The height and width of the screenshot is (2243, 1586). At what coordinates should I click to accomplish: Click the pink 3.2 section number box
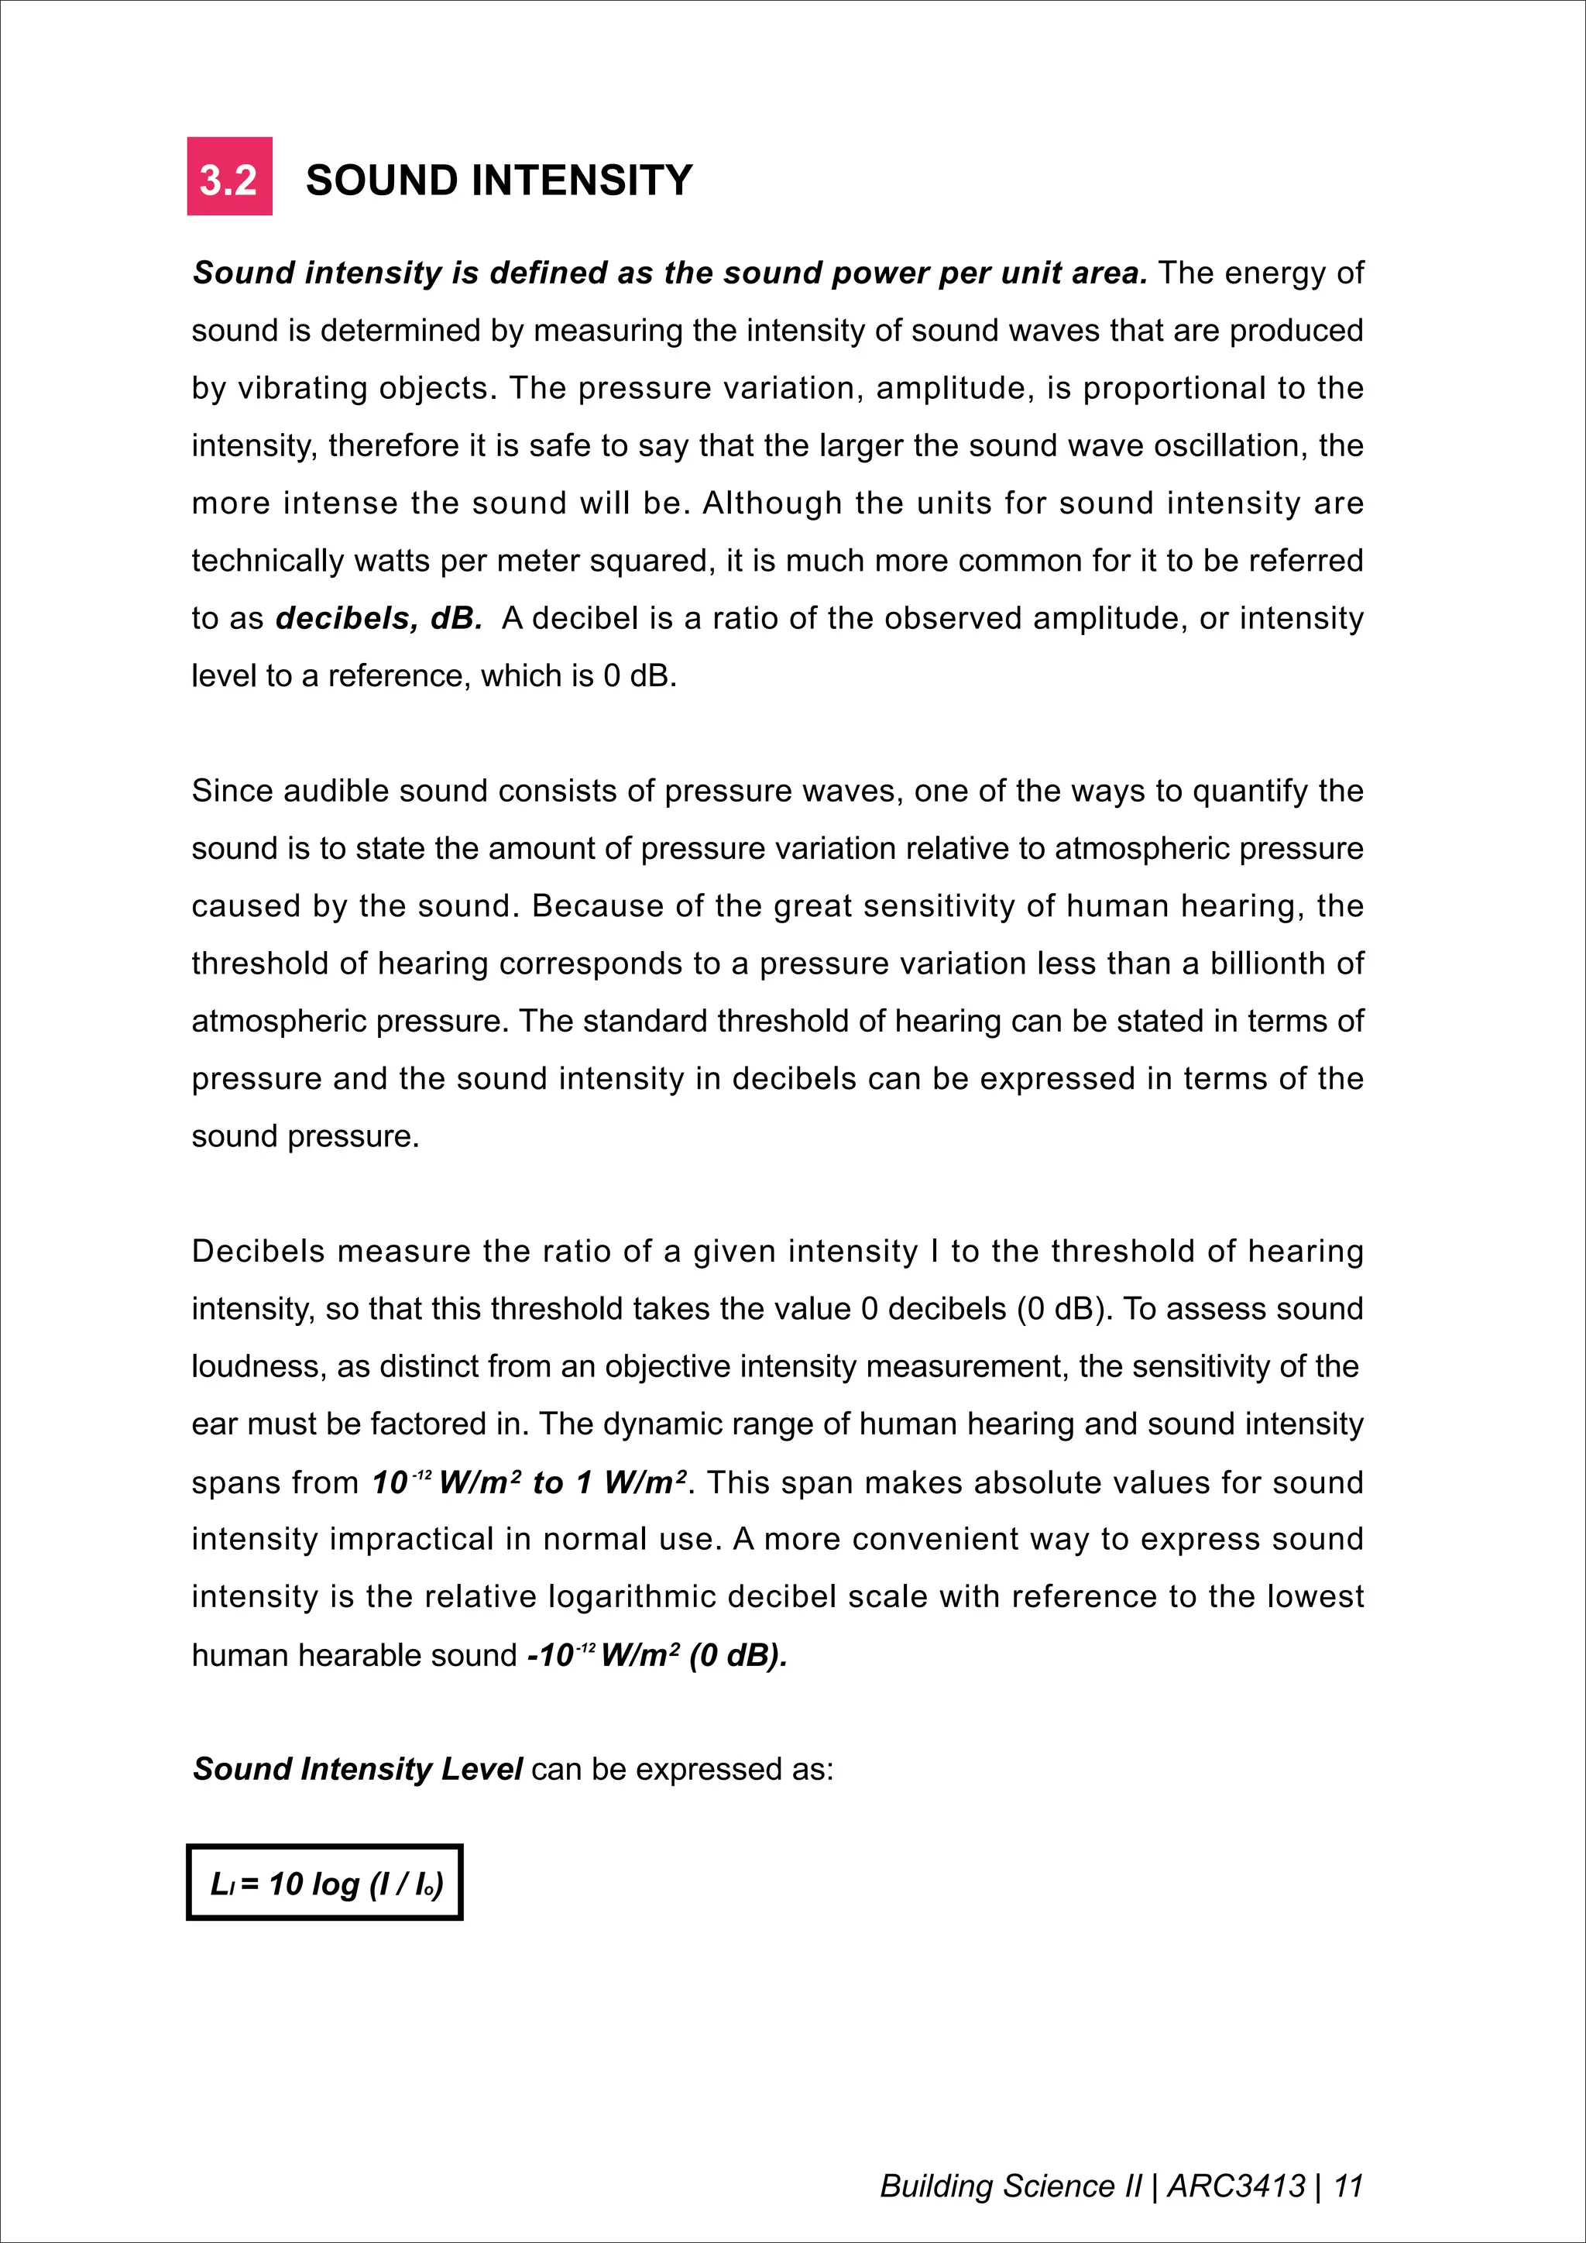tap(229, 177)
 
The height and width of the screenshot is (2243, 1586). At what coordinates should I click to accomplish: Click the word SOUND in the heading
tap(381, 180)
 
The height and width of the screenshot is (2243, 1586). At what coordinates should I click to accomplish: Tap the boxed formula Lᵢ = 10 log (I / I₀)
tap(324, 1883)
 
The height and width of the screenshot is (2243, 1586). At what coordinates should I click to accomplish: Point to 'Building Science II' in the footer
tap(1010, 2186)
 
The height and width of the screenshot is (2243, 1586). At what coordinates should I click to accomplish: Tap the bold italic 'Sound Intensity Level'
tap(358, 1769)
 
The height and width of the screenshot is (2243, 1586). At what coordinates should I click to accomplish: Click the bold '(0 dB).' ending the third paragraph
tap(738, 1655)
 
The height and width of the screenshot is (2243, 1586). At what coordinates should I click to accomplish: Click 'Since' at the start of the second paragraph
tap(232, 790)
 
